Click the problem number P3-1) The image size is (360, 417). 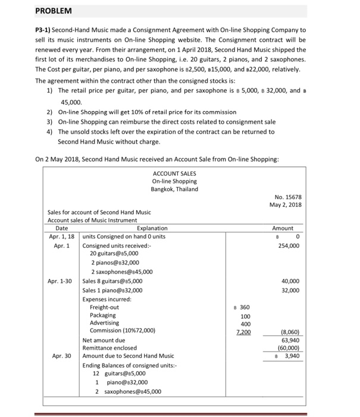47,30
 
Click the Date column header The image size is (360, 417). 61,228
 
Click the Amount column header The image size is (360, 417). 283,228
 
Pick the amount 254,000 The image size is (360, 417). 288,245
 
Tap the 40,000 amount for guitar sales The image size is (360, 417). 290,281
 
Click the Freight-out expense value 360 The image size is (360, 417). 242,307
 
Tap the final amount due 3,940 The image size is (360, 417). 290,356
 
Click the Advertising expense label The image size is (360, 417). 104,323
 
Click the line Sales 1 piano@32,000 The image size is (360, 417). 112,290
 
